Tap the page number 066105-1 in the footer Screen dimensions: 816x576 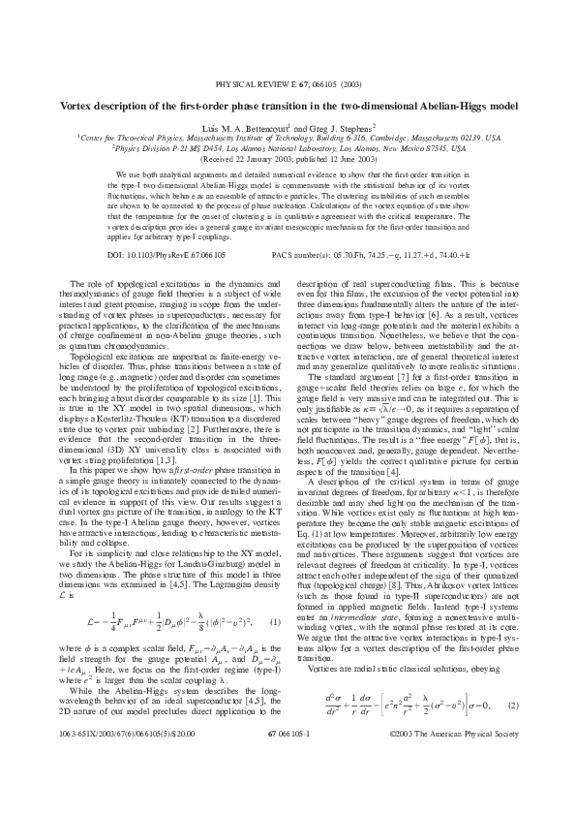288,789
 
